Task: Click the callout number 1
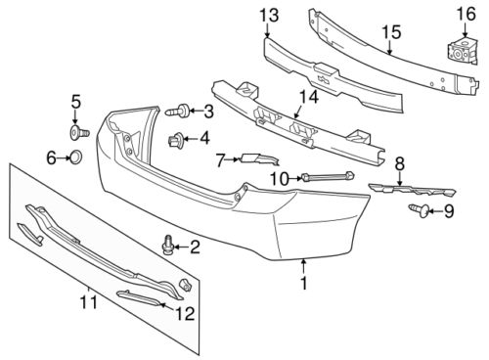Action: pyautogui.click(x=304, y=283)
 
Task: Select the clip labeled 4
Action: pyautogui.click(x=176, y=139)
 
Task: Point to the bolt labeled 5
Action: pyautogui.click(x=79, y=133)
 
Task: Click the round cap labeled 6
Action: pyautogui.click(x=76, y=157)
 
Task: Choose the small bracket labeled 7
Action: pyautogui.click(x=259, y=158)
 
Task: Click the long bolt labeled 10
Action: pyautogui.click(x=329, y=176)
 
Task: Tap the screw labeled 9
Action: pyautogui.click(x=420, y=210)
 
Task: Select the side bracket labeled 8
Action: pyautogui.click(x=413, y=190)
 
